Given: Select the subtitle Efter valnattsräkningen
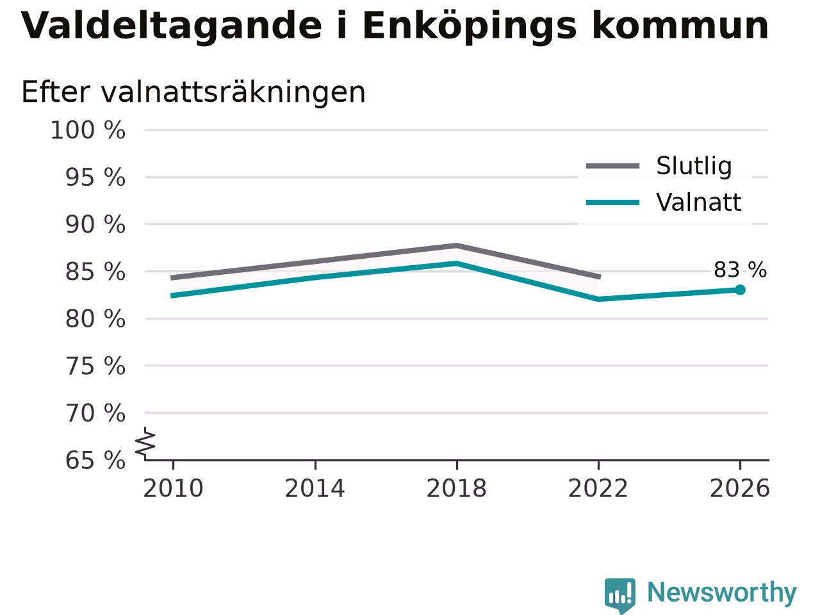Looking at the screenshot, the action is point(193,92).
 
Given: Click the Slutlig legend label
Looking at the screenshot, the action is point(694,166).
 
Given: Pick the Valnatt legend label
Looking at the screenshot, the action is point(698,202).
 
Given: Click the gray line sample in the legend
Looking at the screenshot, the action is point(612,166).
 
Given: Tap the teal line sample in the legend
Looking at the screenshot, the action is point(612,203).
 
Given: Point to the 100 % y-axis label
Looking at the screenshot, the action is point(88,131).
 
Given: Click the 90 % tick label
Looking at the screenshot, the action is point(95,225).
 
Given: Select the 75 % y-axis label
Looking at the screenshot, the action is point(95,366).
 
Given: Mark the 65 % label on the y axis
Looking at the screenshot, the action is point(95,461).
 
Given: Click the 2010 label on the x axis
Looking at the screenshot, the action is point(173,488).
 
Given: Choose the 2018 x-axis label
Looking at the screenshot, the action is point(457,488).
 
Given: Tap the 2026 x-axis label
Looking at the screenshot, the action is point(740,488).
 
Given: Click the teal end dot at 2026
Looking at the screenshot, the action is point(740,290).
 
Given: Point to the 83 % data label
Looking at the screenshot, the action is point(740,270).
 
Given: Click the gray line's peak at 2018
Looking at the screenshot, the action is point(457,246).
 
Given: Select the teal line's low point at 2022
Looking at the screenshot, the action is point(598,299).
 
